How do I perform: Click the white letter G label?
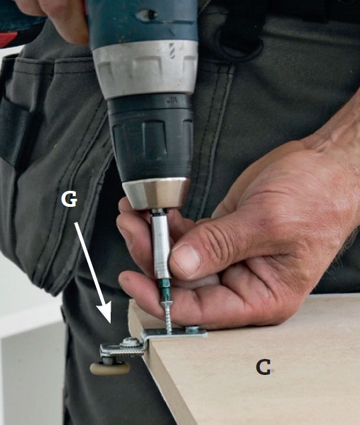pos(69,199)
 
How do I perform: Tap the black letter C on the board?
pos(263,367)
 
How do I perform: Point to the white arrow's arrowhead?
pos(105,312)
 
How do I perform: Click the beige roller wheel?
pos(110,369)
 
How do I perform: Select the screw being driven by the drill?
pos(168,316)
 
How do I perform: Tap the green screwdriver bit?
pos(165,288)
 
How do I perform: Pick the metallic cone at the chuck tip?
pos(156,193)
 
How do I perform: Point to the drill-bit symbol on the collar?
pos(172,51)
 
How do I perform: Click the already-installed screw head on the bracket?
pos(192,328)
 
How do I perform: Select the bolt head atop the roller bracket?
pos(131,342)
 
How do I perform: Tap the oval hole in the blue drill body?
pos(147,15)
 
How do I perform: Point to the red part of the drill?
pos(9,39)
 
